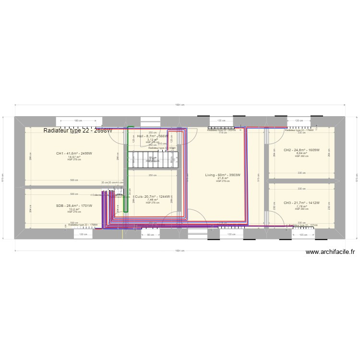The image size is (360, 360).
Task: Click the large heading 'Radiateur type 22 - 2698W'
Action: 78,131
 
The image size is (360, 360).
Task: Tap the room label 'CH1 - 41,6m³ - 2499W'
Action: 74,153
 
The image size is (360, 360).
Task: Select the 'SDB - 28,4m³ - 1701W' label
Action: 74,205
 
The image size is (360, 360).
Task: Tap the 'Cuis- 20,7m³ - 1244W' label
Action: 152,197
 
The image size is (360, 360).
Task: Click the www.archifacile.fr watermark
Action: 330,252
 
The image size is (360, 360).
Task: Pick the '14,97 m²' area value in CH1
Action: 74,157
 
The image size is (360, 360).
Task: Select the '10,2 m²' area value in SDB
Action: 74,209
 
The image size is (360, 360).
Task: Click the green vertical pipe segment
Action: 128,168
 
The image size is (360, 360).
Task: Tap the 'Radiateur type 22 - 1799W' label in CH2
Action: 299,130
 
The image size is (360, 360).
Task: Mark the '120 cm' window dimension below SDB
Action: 84,235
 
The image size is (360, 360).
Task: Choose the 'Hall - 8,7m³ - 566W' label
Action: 153,136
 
